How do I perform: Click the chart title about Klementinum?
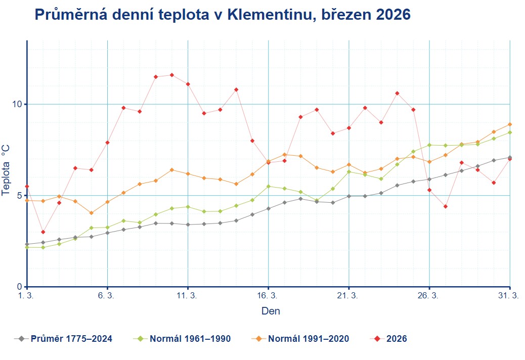(222, 15)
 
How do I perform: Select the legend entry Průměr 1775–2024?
(71, 339)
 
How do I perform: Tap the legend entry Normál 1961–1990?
(190, 339)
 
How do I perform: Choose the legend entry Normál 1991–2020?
(308, 339)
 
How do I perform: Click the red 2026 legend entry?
(396, 339)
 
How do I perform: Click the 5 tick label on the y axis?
(19, 196)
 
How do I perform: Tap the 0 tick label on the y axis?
(19, 287)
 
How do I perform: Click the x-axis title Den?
(271, 311)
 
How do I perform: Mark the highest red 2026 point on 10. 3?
(172, 75)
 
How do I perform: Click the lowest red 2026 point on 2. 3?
(43, 232)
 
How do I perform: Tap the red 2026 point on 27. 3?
(446, 206)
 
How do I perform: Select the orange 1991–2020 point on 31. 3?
(510, 124)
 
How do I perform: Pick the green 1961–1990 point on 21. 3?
(349, 171)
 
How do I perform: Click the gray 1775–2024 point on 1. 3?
(27, 244)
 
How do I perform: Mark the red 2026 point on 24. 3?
(397, 93)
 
